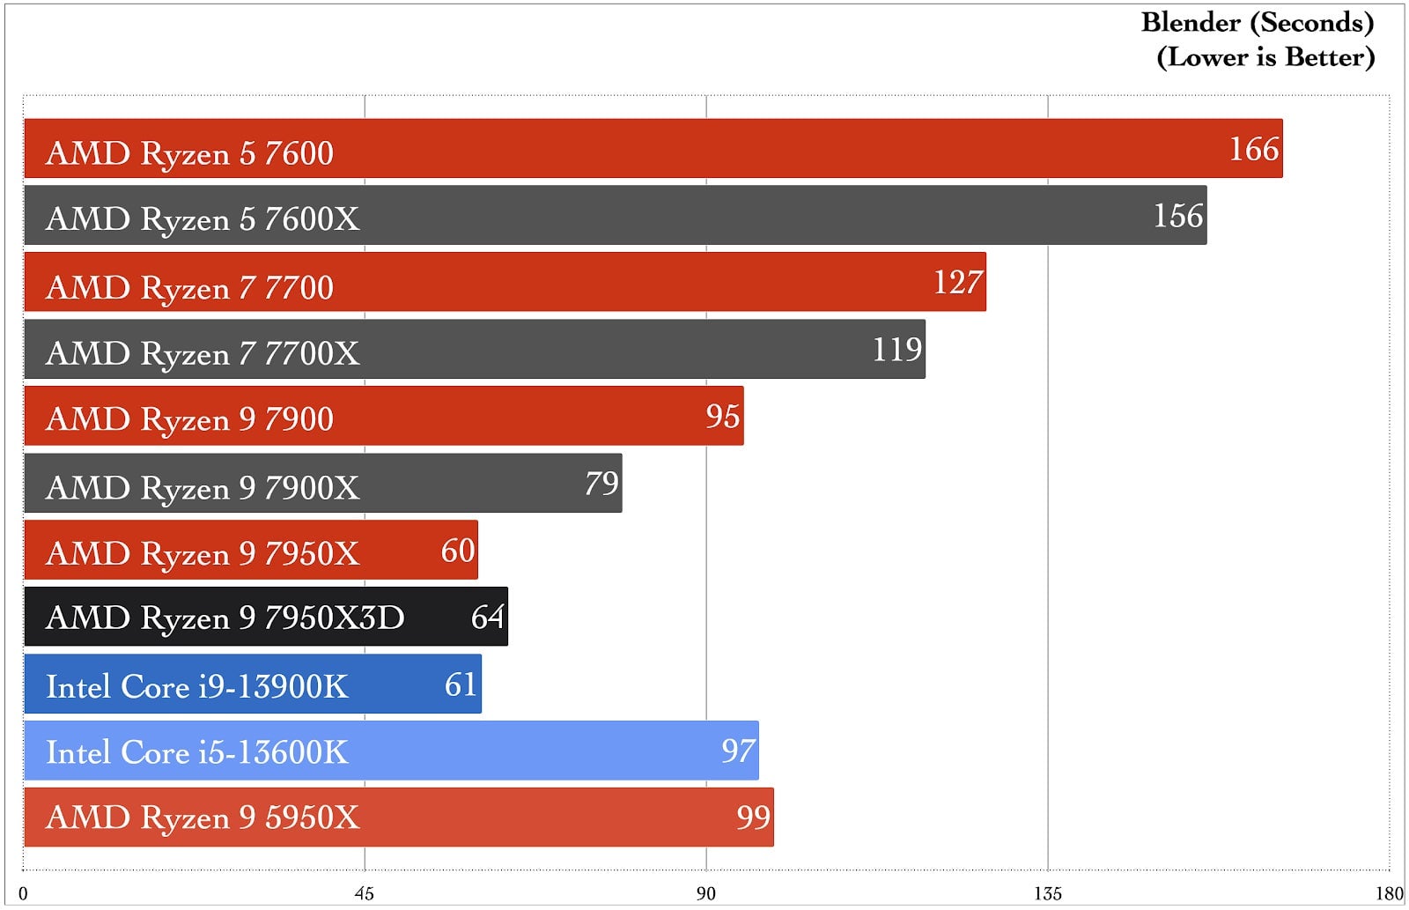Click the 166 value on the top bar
click(1253, 149)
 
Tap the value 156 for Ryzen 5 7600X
click(1177, 216)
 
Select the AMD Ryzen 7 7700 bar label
click(189, 287)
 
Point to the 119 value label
click(896, 350)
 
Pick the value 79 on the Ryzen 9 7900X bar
click(601, 483)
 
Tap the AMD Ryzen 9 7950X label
click(203, 553)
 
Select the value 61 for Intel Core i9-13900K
click(461, 684)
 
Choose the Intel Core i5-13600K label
click(196, 752)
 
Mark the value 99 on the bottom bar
click(753, 818)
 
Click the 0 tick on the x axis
click(23, 894)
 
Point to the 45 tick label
click(364, 894)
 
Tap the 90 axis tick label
click(705, 894)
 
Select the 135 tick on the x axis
click(1047, 894)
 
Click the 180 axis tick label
click(1389, 894)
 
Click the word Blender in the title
click(1191, 22)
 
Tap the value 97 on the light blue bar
click(738, 751)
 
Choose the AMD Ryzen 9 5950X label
click(203, 818)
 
